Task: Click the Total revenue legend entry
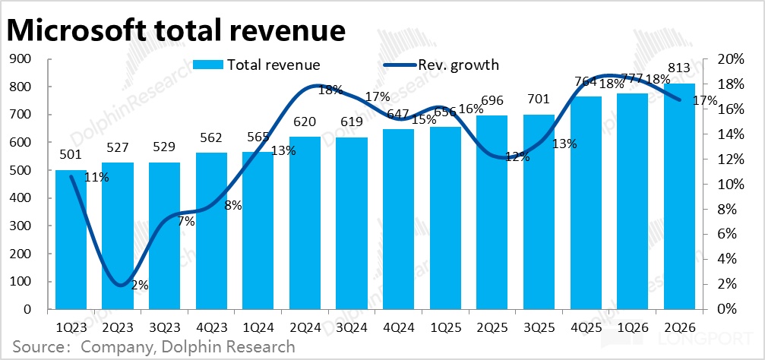pyautogui.click(x=257, y=65)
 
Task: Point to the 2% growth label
pyautogui.click(x=140, y=286)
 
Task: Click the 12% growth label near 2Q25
pyautogui.click(x=518, y=157)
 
